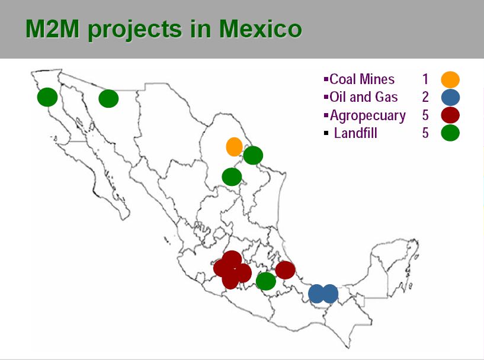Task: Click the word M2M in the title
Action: click(x=52, y=28)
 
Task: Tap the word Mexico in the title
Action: click(x=260, y=28)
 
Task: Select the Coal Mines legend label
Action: click(x=362, y=79)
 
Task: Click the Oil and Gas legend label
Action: click(x=363, y=97)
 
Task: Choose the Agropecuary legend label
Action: click(x=367, y=116)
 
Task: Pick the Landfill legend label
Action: click(x=355, y=133)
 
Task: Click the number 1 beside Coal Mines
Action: click(x=425, y=79)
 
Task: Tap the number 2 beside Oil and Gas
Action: click(x=425, y=97)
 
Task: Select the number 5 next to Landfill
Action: click(x=425, y=133)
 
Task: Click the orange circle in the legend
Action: click(x=450, y=79)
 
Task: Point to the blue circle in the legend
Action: click(x=450, y=98)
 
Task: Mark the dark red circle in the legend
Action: click(x=450, y=115)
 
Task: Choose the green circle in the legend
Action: click(x=450, y=133)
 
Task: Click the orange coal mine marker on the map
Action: click(x=234, y=147)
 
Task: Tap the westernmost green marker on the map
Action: click(x=47, y=97)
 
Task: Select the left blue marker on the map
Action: click(x=317, y=294)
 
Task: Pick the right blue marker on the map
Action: click(x=329, y=294)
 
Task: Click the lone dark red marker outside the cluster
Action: click(x=285, y=270)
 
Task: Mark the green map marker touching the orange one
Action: click(x=253, y=155)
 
